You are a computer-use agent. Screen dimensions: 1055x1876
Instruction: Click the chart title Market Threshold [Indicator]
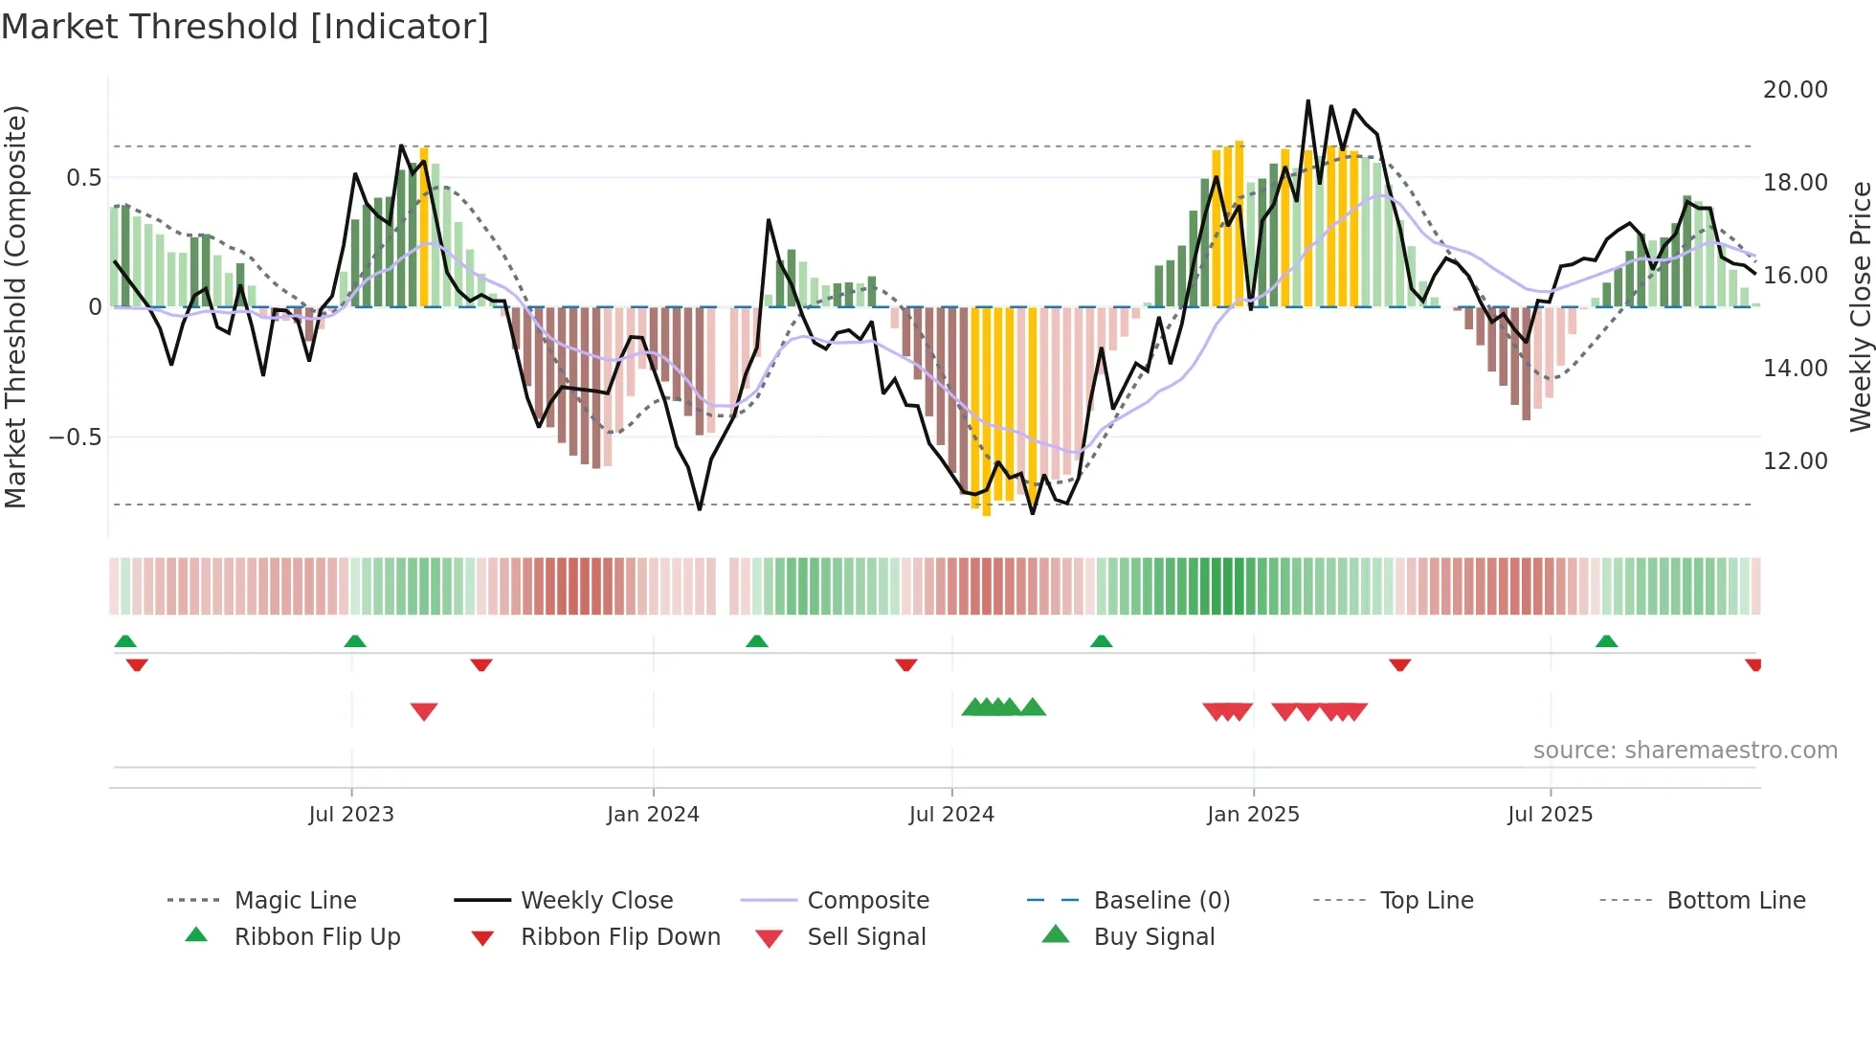pos(245,27)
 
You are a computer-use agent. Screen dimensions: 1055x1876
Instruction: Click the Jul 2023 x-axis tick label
pos(351,815)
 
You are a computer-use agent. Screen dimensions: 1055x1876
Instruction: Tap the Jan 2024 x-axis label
pos(653,815)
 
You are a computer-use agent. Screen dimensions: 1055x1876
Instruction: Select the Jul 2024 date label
pos(951,815)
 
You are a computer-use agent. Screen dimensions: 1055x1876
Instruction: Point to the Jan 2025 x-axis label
pos(1253,815)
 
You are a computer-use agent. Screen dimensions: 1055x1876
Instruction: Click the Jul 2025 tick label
pos(1550,815)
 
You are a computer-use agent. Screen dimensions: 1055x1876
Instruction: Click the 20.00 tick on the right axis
pos(1795,90)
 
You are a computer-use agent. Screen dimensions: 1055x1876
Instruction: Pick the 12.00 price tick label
pos(1795,461)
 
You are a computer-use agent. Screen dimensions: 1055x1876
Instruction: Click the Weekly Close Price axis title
pos(1860,306)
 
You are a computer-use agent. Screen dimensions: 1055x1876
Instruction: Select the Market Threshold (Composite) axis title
pos(15,306)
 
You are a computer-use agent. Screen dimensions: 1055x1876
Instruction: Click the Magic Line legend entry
pos(295,901)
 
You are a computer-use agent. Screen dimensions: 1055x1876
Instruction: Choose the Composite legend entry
pos(867,901)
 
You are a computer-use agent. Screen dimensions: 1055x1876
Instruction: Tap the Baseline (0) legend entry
pos(1161,901)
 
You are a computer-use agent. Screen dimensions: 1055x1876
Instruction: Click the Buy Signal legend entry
pos(1153,937)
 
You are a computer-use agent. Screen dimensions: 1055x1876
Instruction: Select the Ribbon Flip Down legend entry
pos(619,937)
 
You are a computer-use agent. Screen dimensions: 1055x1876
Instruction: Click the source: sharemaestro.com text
pos(1685,751)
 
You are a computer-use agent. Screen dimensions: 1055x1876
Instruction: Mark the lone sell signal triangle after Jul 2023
pos(424,711)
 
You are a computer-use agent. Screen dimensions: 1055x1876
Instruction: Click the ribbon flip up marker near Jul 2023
pos(355,641)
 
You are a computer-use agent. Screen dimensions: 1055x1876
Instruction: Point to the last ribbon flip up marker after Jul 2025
pos(1606,641)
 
